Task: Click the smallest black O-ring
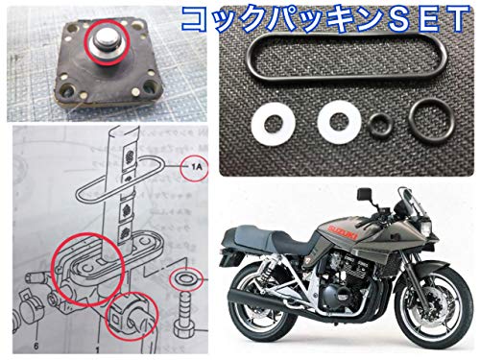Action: pyautogui.click(x=380, y=125)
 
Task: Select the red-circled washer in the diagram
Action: pyautogui.click(x=184, y=281)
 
